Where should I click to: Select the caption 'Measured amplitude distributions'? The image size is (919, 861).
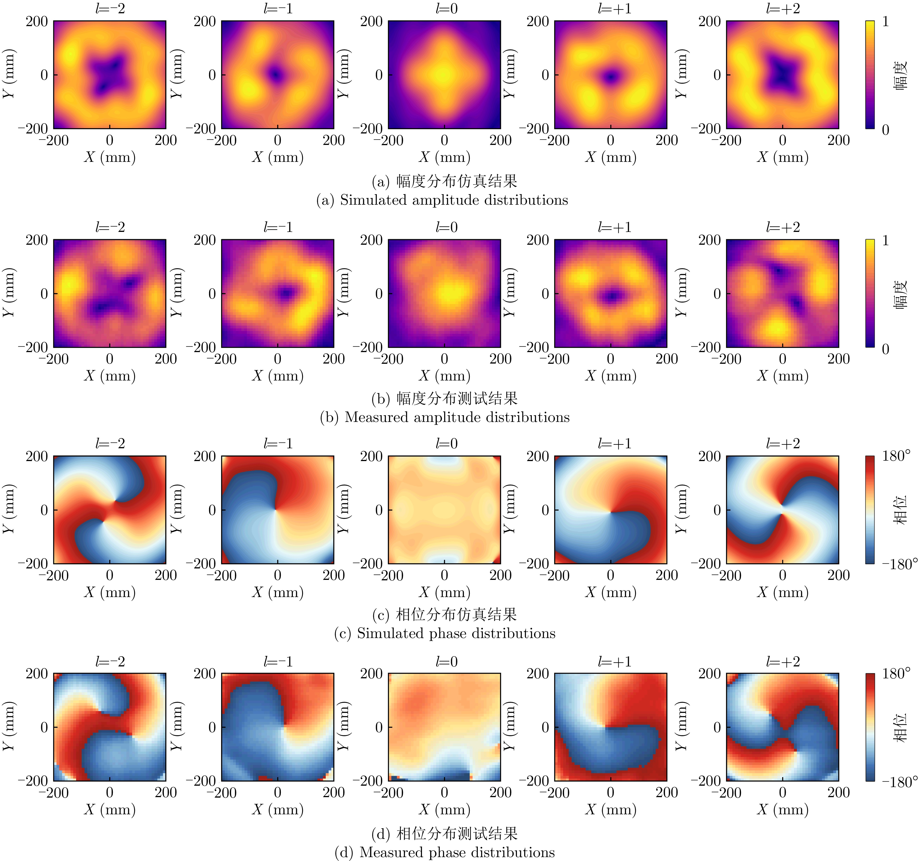pos(457,418)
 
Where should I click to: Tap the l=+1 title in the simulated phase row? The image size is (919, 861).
pos(614,444)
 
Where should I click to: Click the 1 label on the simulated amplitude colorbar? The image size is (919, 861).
pos(885,22)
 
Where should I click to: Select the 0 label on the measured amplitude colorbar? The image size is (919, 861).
pos(885,349)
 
